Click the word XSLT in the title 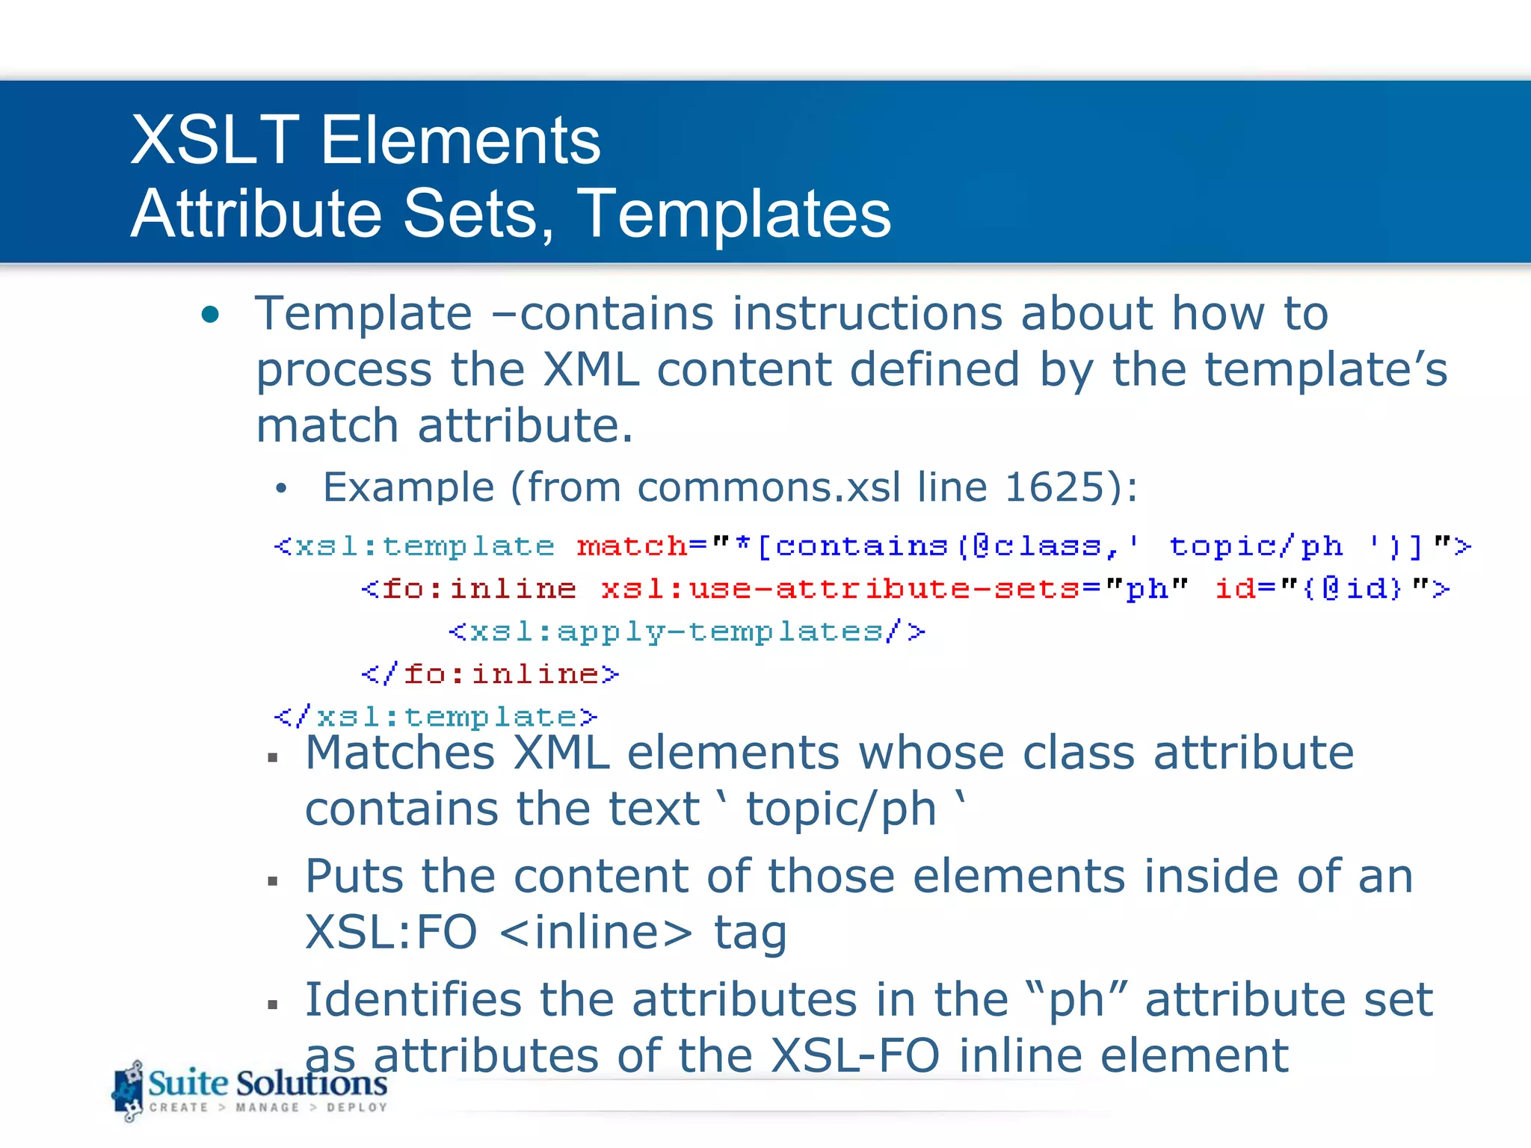click(x=215, y=141)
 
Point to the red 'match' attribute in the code click(x=632, y=546)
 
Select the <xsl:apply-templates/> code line click(x=686, y=632)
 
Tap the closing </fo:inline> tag click(x=490, y=674)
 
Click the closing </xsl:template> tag click(x=436, y=717)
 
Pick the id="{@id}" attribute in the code click(x=1331, y=589)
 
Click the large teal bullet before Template click(x=211, y=315)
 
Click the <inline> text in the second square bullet click(x=595, y=933)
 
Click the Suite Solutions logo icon click(x=129, y=1091)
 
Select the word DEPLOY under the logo click(x=357, y=1107)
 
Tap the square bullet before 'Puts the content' click(x=273, y=882)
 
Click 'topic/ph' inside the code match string click(x=1255, y=546)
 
